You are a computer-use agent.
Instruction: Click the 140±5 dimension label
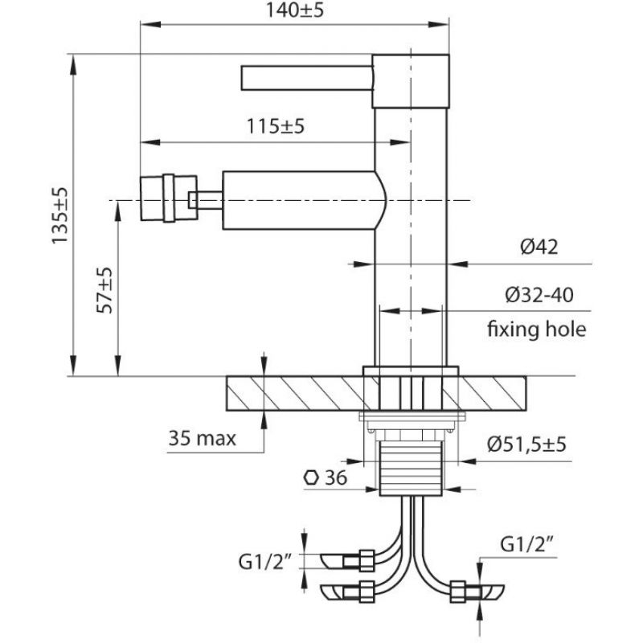tap(296, 11)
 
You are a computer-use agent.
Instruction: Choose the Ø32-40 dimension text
tap(540, 296)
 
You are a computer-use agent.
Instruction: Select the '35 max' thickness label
tap(203, 439)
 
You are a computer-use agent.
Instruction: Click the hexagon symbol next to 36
tap(311, 477)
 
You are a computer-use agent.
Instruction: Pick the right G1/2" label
tap(530, 545)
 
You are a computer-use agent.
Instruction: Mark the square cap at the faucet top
tap(411, 80)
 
